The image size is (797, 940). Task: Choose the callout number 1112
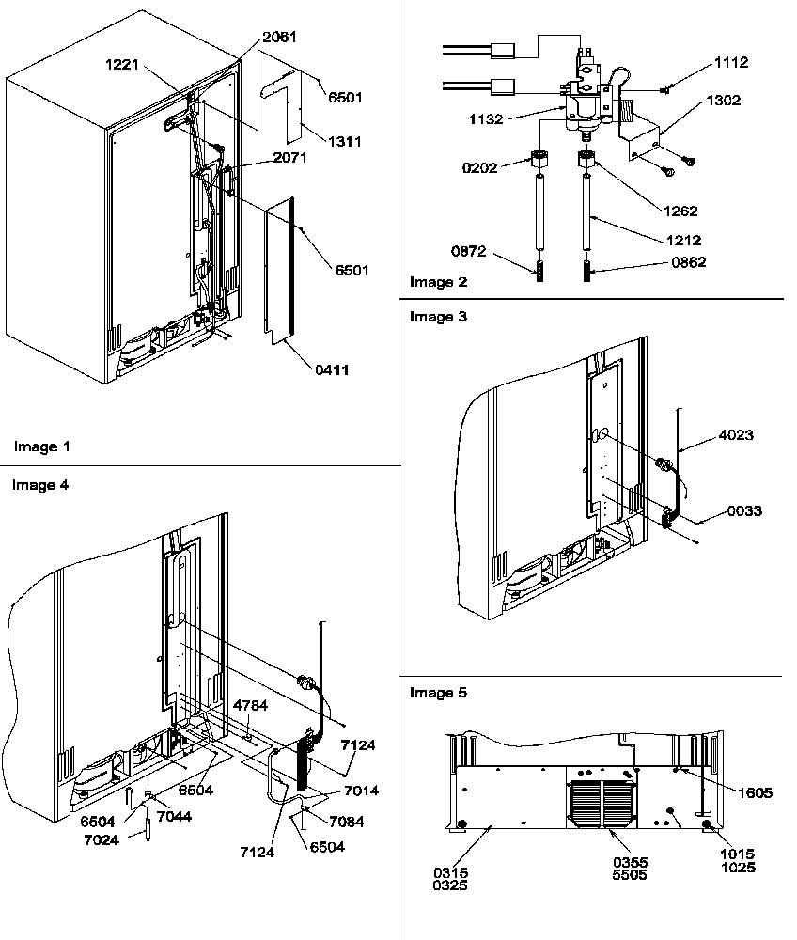tap(730, 62)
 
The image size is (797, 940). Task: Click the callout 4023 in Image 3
tap(735, 435)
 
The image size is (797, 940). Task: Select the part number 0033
tap(742, 511)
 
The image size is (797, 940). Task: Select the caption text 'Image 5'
tap(438, 693)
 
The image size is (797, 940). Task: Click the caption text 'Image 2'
tap(438, 282)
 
